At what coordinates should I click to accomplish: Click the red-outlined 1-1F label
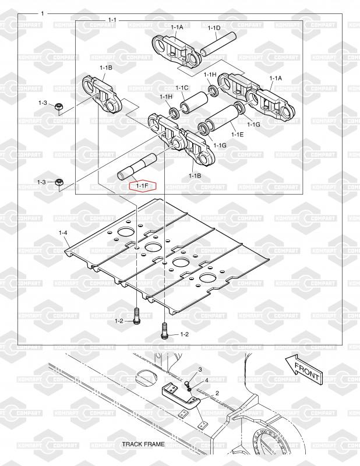(142, 186)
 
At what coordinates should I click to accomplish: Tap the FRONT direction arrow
(303, 369)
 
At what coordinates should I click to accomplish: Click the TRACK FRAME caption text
(143, 444)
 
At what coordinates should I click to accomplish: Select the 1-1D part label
(214, 28)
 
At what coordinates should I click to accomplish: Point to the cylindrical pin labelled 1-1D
(218, 44)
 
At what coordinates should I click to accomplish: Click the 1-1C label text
(182, 88)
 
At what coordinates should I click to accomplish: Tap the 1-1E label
(237, 135)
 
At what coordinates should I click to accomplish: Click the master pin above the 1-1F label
(137, 167)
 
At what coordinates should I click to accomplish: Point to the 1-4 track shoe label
(63, 232)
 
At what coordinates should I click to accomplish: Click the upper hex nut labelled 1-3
(59, 107)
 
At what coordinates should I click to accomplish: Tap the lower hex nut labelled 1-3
(59, 182)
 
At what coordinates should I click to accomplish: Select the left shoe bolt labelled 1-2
(136, 316)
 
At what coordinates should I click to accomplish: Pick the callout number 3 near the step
(200, 369)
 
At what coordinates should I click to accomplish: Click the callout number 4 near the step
(207, 380)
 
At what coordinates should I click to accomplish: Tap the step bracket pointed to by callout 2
(181, 397)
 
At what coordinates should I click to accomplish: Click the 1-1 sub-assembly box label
(112, 20)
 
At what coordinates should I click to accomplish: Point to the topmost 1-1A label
(177, 27)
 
